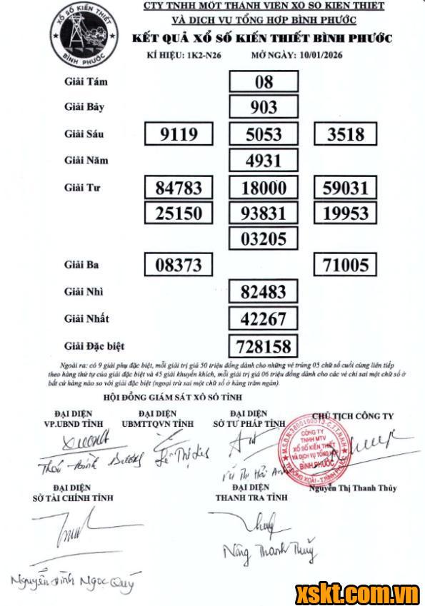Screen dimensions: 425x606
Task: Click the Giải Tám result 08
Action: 264,81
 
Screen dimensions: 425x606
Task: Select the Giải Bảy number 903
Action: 264,108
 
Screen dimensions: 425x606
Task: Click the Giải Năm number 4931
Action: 264,161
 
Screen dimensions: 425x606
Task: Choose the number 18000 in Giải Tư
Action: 264,188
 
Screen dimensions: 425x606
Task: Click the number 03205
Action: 264,238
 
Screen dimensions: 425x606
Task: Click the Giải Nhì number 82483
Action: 264,292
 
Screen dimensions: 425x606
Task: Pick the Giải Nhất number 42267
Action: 264,318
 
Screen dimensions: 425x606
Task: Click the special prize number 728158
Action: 264,346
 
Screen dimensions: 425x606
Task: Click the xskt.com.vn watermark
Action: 359,592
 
